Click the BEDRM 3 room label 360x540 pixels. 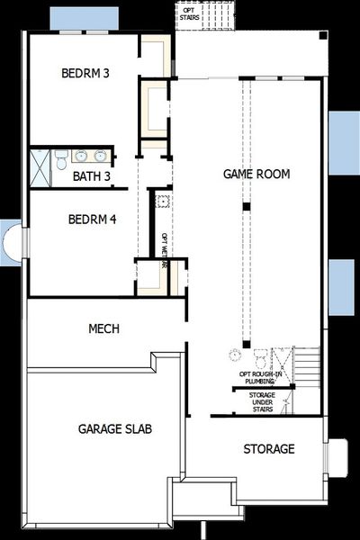[85, 73]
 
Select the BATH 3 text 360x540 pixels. [92, 176]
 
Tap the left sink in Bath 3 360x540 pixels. [80, 156]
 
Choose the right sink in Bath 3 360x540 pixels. [100, 156]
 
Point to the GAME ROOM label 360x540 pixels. [256, 174]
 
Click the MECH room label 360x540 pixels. [103, 329]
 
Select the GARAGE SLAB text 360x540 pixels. [114, 428]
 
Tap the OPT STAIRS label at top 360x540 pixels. [202, 13]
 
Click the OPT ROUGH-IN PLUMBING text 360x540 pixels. [264, 378]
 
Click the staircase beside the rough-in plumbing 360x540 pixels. [308, 367]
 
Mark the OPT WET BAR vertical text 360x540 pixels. [165, 251]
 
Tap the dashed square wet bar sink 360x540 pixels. [164, 202]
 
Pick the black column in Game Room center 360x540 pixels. [244, 207]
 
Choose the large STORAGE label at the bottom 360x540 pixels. [268, 448]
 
